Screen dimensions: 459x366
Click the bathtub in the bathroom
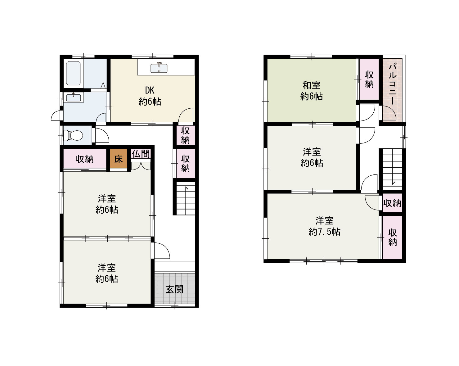73,73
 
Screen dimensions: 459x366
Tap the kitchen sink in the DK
159,68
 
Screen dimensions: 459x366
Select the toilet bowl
73,135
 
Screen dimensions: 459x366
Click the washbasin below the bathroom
73,97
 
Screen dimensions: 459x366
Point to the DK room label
150,90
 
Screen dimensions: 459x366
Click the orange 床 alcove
119,159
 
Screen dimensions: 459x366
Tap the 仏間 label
141,154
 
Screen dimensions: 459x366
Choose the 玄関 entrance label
174,289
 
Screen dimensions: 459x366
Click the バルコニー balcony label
393,84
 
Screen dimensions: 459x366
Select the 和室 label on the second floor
311,85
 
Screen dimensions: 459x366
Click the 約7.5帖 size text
324,232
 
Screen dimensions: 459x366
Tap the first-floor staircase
186,198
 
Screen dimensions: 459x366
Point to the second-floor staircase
392,169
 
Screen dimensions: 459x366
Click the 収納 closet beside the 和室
369,79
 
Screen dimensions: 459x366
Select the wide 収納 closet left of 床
85,159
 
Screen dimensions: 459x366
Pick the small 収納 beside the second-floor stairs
392,203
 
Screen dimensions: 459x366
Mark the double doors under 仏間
141,166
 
